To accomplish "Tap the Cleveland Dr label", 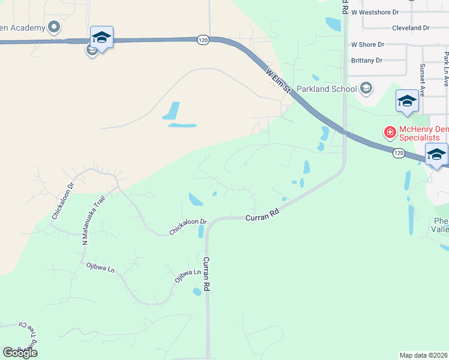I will [x=410, y=28].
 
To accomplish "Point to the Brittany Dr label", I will [x=367, y=60].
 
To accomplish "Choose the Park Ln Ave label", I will [x=446, y=69].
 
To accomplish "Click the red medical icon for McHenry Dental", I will [x=390, y=131].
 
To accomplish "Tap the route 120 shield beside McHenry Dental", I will [x=399, y=154].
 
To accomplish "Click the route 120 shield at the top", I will [x=202, y=40].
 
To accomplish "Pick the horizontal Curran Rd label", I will [x=263, y=214].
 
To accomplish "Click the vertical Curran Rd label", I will [x=206, y=274].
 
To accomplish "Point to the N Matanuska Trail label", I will [x=92, y=220].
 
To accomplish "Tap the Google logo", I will [x=20, y=352].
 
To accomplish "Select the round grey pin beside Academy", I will [x=54, y=26].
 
